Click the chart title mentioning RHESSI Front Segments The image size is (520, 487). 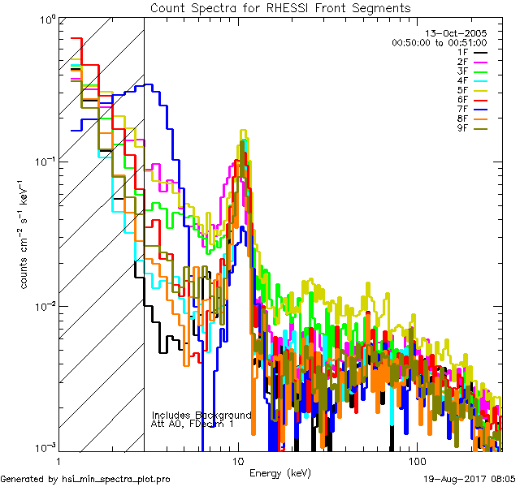(280, 7)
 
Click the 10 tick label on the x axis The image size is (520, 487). (237, 460)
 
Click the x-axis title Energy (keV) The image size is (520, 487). (281, 473)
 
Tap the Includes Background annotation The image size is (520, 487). (201, 415)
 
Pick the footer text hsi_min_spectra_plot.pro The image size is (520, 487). (116, 480)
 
